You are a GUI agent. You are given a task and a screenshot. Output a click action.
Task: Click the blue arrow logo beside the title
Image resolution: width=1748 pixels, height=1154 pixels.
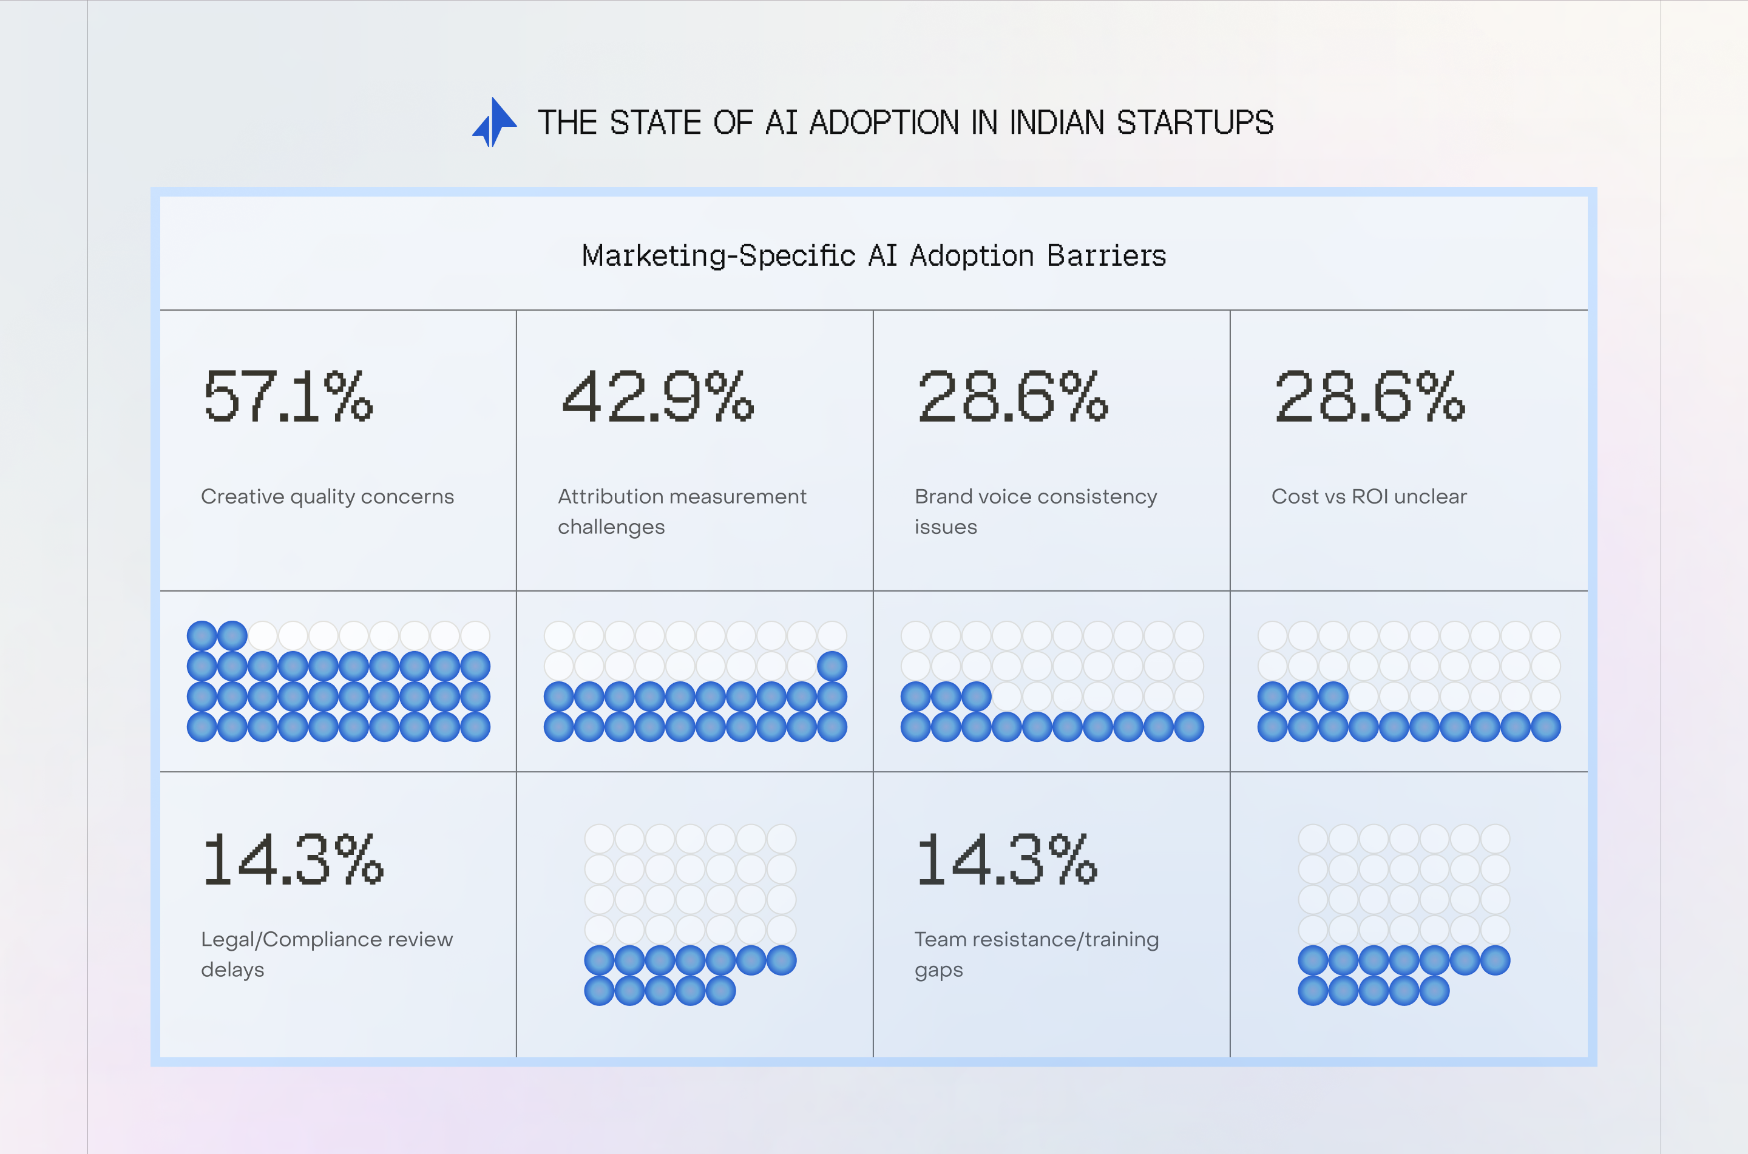pyautogui.click(x=494, y=122)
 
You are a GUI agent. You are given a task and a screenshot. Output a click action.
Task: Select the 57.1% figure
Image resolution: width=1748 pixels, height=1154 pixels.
pyautogui.click(x=288, y=397)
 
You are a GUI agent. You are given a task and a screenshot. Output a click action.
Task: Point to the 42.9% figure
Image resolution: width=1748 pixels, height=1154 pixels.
pyautogui.click(x=657, y=397)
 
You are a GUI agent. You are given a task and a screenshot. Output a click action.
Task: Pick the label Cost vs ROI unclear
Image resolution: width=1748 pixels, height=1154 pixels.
pyautogui.click(x=1368, y=497)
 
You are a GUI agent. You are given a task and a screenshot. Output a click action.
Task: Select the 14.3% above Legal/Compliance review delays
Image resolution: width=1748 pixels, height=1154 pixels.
pyautogui.click(x=292, y=860)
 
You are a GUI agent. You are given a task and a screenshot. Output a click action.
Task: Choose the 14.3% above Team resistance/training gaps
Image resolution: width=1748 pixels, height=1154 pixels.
pyautogui.click(x=1006, y=860)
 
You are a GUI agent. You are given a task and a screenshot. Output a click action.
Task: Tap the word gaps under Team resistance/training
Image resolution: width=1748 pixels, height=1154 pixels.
pyautogui.click(x=938, y=970)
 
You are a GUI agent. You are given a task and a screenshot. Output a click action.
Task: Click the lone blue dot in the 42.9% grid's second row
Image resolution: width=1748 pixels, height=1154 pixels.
pyautogui.click(x=832, y=666)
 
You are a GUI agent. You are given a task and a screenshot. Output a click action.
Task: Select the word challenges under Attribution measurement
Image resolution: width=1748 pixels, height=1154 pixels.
pyautogui.click(x=611, y=527)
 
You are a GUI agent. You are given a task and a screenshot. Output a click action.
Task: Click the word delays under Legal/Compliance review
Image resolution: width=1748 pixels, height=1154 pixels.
pyautogui.click(x=232, y=970)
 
